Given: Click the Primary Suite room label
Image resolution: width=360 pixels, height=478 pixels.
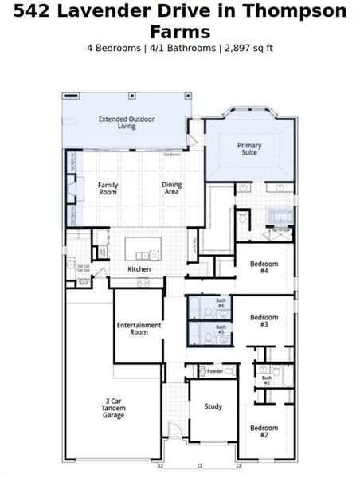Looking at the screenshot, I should point(248,150).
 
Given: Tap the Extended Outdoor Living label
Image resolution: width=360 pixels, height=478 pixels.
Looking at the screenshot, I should point(127,123).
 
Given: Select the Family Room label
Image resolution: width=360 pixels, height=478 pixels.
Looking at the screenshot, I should point(108,188).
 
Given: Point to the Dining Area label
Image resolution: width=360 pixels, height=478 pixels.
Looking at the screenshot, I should point(172,188).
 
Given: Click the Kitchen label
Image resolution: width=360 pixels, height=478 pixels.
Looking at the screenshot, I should point(139,269).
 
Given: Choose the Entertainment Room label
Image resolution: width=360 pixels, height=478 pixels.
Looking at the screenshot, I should point(139,328).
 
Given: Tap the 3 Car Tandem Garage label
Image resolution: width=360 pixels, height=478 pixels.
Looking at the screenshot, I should point(113,408).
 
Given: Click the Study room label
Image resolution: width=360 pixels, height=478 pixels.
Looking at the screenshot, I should point(213,406).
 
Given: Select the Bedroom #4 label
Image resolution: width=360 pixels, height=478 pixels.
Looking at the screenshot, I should point(264,267).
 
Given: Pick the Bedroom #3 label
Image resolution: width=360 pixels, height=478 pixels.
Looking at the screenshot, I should point(264,321).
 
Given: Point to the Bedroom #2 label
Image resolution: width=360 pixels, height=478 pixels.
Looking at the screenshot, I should point(264,432).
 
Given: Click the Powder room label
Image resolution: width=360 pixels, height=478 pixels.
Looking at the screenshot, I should point(214,371).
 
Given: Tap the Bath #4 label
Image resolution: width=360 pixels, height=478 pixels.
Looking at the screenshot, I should point(221,305).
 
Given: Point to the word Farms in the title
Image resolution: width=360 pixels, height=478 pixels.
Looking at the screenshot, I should point(180,31).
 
